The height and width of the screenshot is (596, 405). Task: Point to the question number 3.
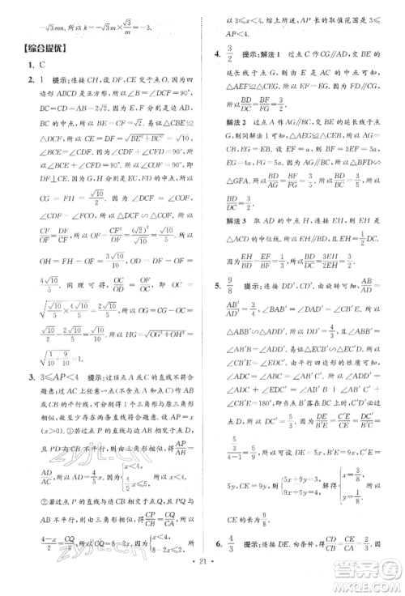tap(29, 377)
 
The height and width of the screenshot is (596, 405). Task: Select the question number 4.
tap(217, 54)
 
